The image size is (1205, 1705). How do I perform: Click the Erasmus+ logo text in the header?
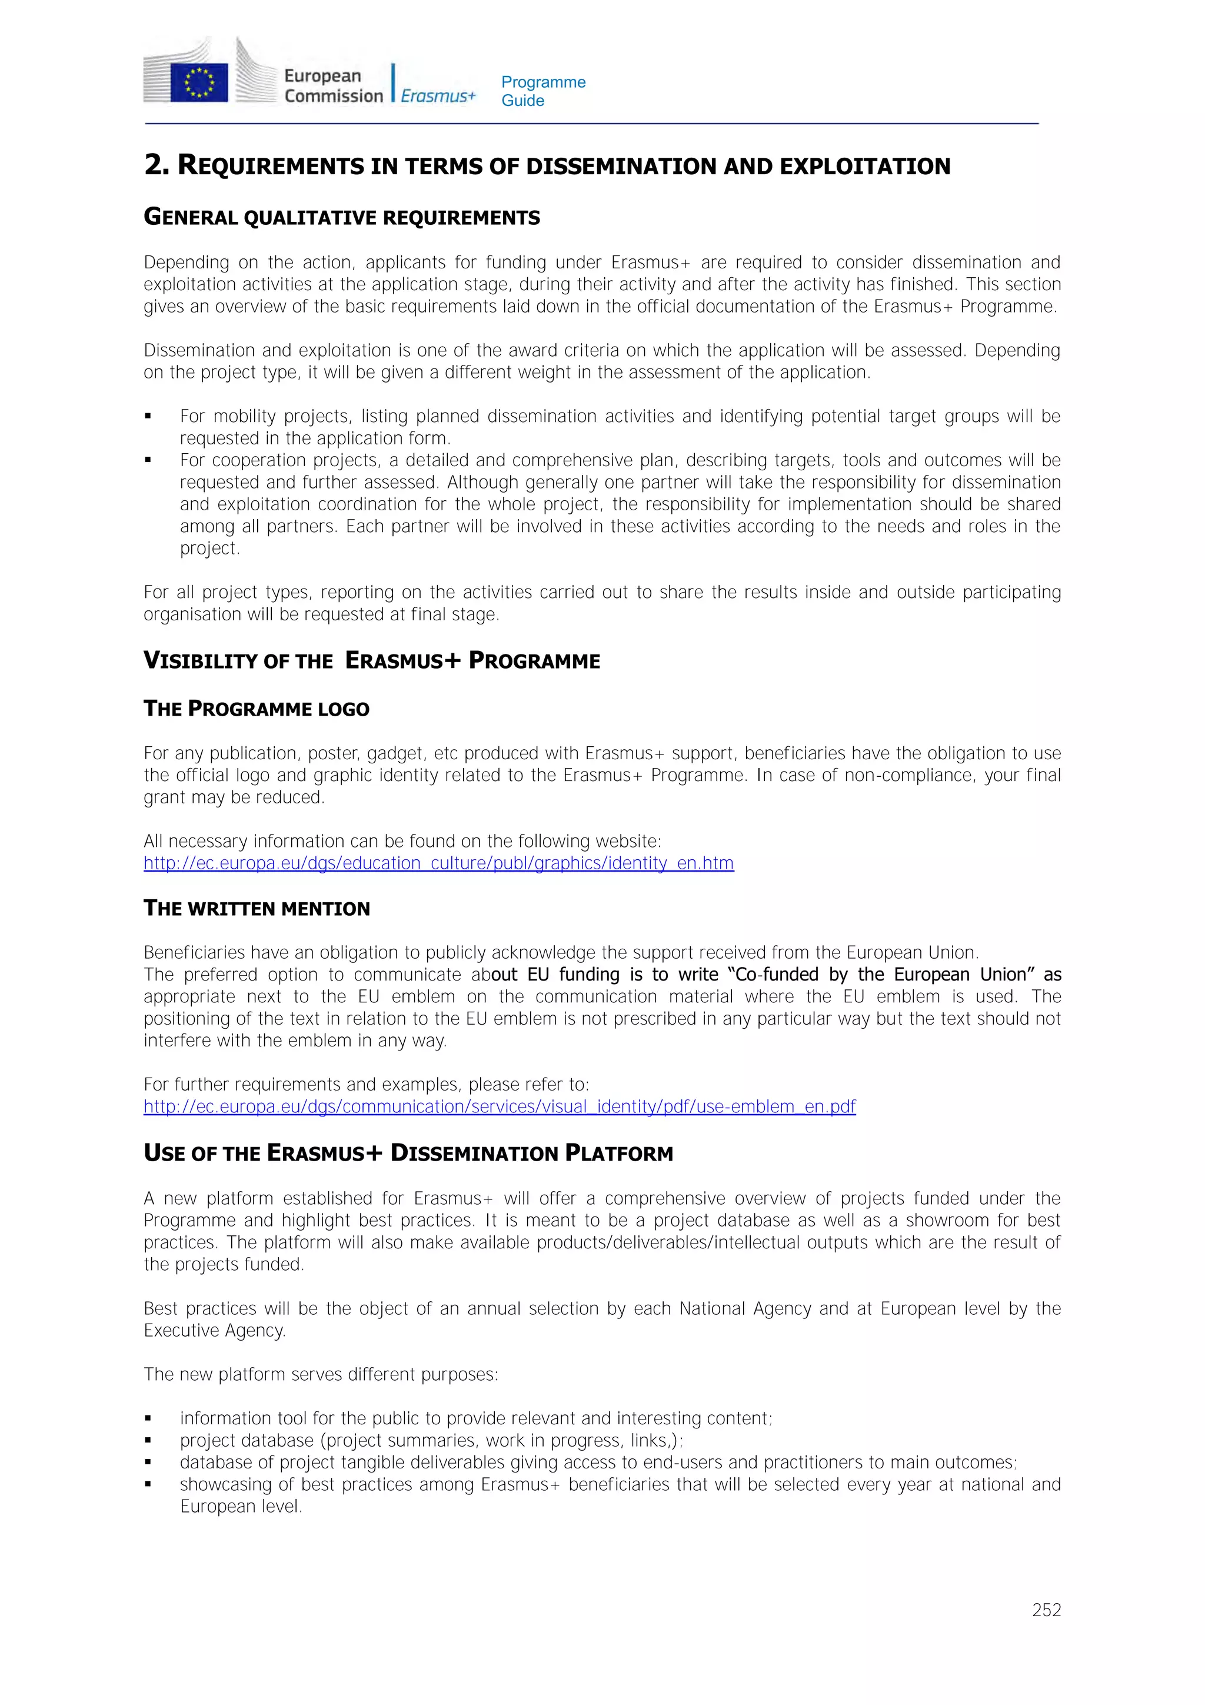pyautogui.click(x=438, y=96)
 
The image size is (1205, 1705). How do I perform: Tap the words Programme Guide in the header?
pyautogui.click(x=542, y=91)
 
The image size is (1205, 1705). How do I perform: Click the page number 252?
pyautogui.click(x=1046, y=1610)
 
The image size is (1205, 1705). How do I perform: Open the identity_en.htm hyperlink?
pyautogui.click(x=438, y=863)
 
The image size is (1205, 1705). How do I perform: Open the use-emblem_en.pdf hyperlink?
pyautogui.click(x=499, y=1106)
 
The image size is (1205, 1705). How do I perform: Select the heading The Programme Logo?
pyautogui.click(x=256, y=709)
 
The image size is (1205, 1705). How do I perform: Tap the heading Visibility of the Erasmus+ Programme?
pyautogui.click(x=371, y=660)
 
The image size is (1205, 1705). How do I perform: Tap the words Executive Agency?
pyautogui.click(x=215, y=1330)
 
